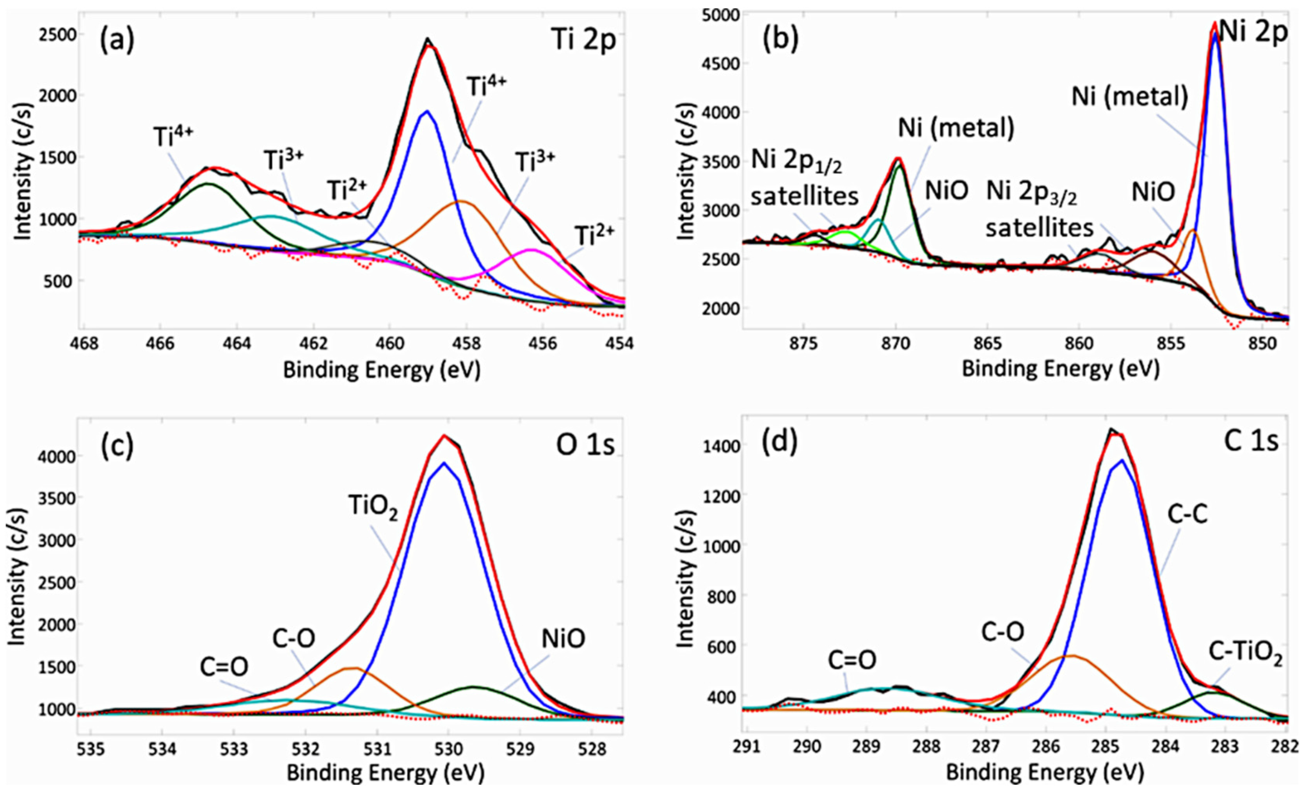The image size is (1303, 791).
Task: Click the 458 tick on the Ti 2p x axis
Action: (466, 344)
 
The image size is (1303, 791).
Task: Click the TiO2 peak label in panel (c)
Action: (372, 507)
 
